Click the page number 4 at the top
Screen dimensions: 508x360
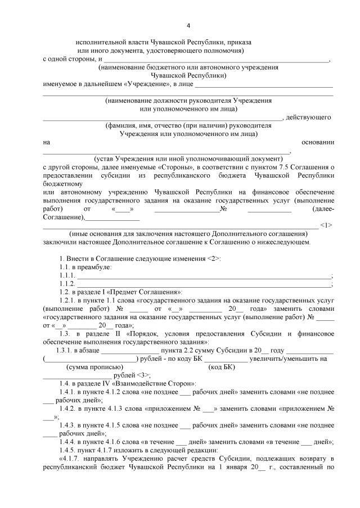tap(188, 25)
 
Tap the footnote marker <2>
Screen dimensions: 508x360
tap(214, 258)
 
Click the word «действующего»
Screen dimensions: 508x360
tap(311, 117)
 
